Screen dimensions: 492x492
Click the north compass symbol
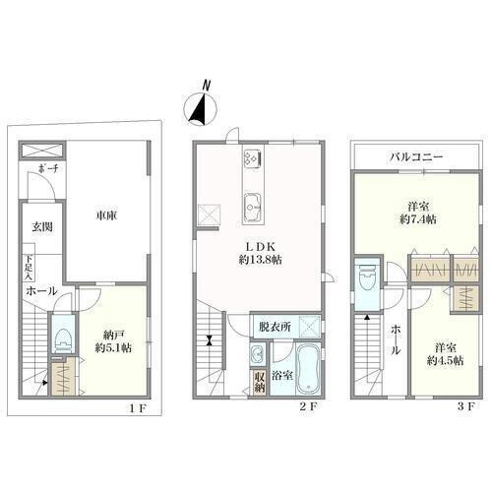pyautogui.click(x=200, y=109)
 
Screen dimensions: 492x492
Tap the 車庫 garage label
pyautogui.click(x=106, y=215)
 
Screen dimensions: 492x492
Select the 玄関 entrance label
pyautogui.click(x=42, y=226)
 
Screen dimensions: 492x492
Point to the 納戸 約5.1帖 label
pyautogui.click(x=113, y=341)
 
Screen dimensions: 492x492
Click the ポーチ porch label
pyautogui.click(x=48, y=169)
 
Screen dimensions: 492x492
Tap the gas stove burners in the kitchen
pyautogui.click(x=252, y=158)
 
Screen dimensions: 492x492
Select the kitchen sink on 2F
pyautogui.click(x=252, y=207)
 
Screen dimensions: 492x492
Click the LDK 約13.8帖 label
pyautogui.click(x=260, y=253)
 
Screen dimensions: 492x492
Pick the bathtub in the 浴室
pyautogui.click(x=308, y=370)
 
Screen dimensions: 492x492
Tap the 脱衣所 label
pyautogui.click(x=275, y=327)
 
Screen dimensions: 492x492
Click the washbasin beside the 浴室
pyautogui.click(x=259, y=354)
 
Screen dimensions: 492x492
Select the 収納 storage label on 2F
pyautogui.click(x=260, y=382)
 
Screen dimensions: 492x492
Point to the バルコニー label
pyautogui.click(x=416, y=156)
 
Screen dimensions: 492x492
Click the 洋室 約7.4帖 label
pyautogui.click(x=418, y=213)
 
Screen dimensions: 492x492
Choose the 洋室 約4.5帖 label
pyautogui.click(x=445, y=354)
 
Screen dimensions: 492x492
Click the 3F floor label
pyautogui.click(x=465, y=407)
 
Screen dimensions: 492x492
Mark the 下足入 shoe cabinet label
pyautogui.click(x=29, y=267)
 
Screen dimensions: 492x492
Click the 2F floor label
pyautogui.click(x=309, y=407)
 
